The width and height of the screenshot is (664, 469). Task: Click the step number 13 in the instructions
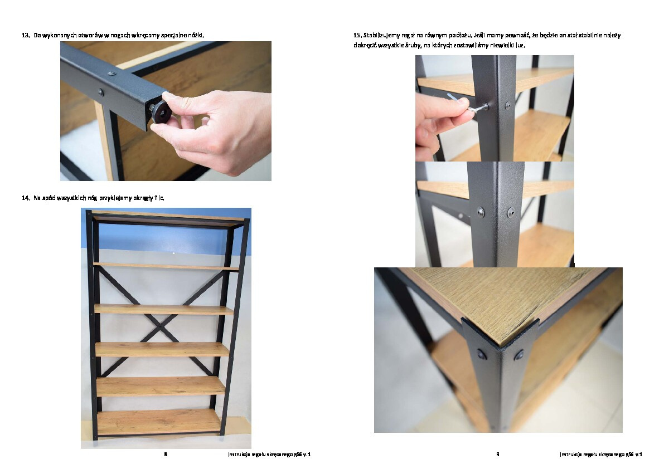(x=26, y=35)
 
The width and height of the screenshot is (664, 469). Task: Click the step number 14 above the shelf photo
(x=26, y=198)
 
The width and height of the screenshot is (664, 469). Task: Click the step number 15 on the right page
(x=357, y=35)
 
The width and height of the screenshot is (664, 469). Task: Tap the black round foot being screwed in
(x=161, y=111)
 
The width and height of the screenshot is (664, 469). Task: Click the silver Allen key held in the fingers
(x=467, y=104)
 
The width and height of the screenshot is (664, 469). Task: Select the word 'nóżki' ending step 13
(x=196, y=35)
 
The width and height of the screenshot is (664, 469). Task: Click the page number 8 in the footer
(x=166, y=454)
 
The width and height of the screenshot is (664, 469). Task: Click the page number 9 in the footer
(x=497, y=454)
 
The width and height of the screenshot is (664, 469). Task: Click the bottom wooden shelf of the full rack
(x=159, y=421)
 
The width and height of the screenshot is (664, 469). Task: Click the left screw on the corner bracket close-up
(x=482, y=354)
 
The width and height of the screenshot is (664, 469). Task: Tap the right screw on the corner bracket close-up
(x=518, y=355)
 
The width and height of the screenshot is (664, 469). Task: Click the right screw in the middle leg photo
(x=511, y=212)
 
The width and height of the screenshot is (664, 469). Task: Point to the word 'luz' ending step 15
(x=520, y=45)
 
